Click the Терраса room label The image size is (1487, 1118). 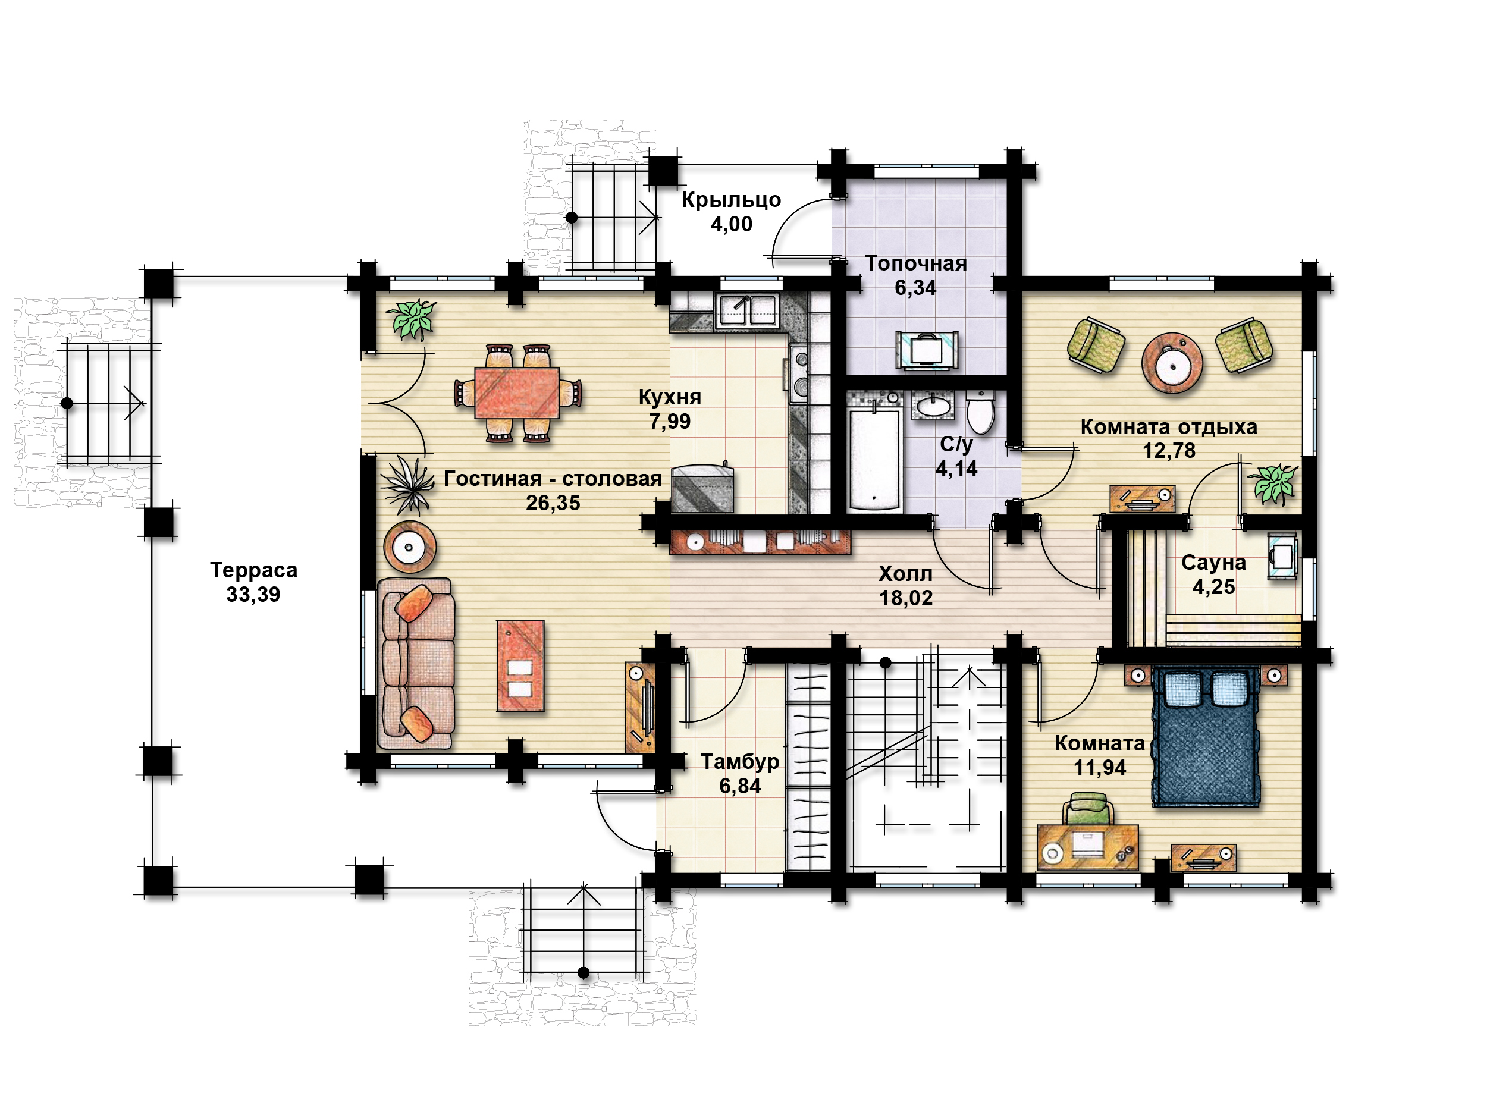coord(253,570)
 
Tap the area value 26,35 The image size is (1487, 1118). coord(553,503)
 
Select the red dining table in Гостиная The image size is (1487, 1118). coord(517,392)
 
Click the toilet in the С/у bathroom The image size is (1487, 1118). coord(980,412)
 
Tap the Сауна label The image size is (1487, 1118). coord(1213,563)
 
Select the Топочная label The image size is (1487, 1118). coord(915,263)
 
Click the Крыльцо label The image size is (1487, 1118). coord(732,200)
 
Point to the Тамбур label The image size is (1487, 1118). coord(740,762)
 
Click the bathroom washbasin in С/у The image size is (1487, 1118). coord(933,406)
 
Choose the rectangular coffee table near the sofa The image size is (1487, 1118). coord(520,665)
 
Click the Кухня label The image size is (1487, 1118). coord(670,397)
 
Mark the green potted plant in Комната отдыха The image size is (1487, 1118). coord(1272,482)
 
